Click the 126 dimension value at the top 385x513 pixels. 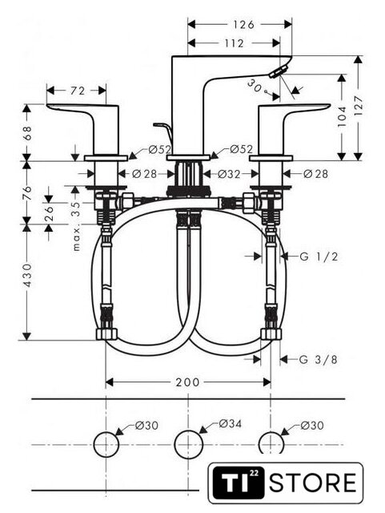coord(243,25)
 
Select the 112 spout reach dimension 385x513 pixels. coord(234,42)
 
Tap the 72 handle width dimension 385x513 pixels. coord(78,91)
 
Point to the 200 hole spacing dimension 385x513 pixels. coord(187,382)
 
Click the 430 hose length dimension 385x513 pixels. coord(28,276)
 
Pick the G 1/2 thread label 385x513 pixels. coord(319,256)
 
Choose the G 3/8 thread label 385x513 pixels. coord(318,360)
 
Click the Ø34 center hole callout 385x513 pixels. coord(230,424)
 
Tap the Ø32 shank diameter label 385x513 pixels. coord(229,174)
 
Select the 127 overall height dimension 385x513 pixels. coord(359,105)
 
